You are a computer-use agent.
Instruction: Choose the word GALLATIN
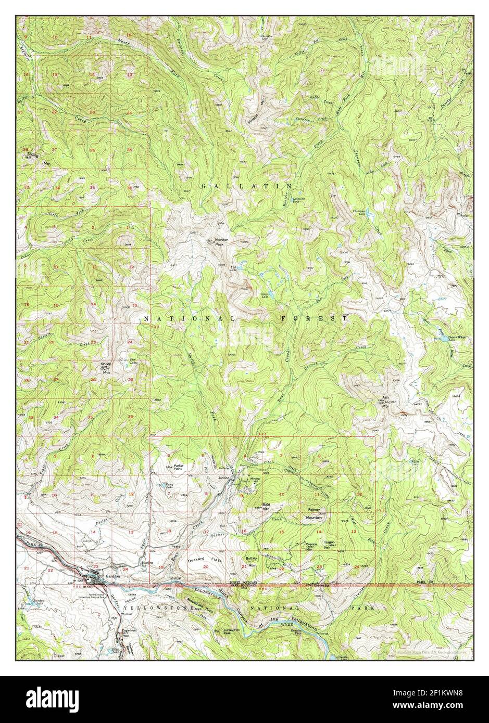coord(245,186)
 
